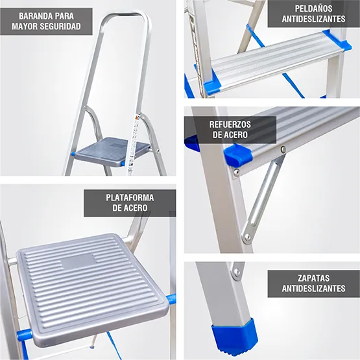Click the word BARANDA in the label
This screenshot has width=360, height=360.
tap(36, 15)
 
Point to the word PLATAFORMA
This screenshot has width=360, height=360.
tap(130, 197)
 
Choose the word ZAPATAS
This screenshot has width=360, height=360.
tap(314, 276)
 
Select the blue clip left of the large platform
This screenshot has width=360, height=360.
tap(24, 335)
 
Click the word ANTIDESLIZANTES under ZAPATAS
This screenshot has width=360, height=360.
tap(314, 288)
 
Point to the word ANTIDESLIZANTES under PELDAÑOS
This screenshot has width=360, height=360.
tap(314, 19)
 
